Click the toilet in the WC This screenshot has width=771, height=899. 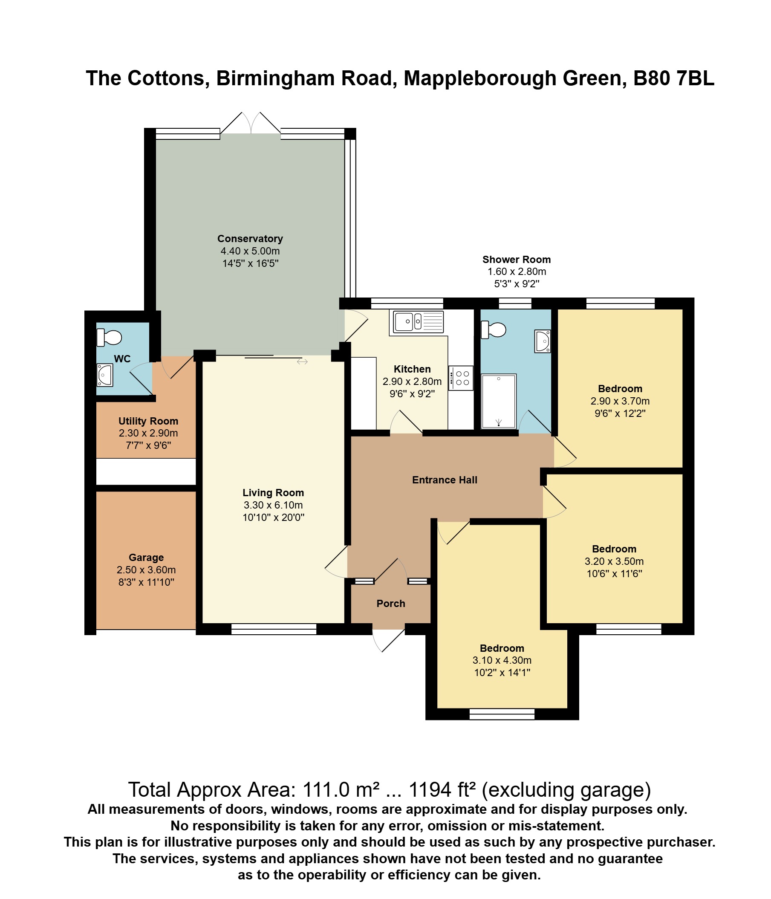pos(109,337)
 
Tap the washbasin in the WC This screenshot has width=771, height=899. pos(104,375)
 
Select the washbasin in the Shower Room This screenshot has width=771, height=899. pos(543,341)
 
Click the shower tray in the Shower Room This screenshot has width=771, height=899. pos(499,401)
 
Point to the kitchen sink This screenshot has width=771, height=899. pos(418,321)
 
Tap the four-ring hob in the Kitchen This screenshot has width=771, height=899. pos(461,378)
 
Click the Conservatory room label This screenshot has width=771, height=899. pos(250,239)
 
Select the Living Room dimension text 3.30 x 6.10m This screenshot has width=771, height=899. pos(273,505)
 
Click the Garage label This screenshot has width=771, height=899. pos(146,558)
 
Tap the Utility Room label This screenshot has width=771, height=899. pos(148,421)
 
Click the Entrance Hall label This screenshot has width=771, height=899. pos(445,480)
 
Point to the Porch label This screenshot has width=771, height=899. pos(391,604)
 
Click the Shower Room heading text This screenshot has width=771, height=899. pos(516,260)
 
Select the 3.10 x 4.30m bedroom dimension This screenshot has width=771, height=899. pos(502,660)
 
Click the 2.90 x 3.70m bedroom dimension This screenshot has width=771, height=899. pos(620,401)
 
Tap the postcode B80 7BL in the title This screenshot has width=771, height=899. pos(673,78)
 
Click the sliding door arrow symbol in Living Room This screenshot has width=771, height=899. pos(303,361)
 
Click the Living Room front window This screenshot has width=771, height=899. pos(274,629)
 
